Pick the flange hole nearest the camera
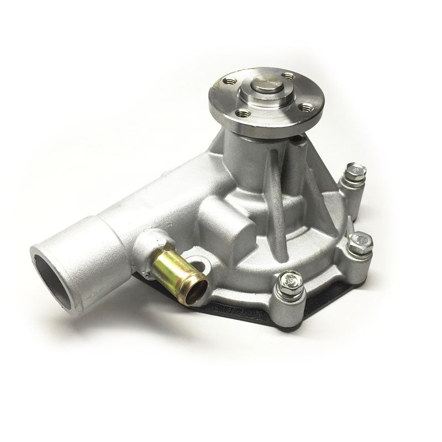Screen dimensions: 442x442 pos(243,113)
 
